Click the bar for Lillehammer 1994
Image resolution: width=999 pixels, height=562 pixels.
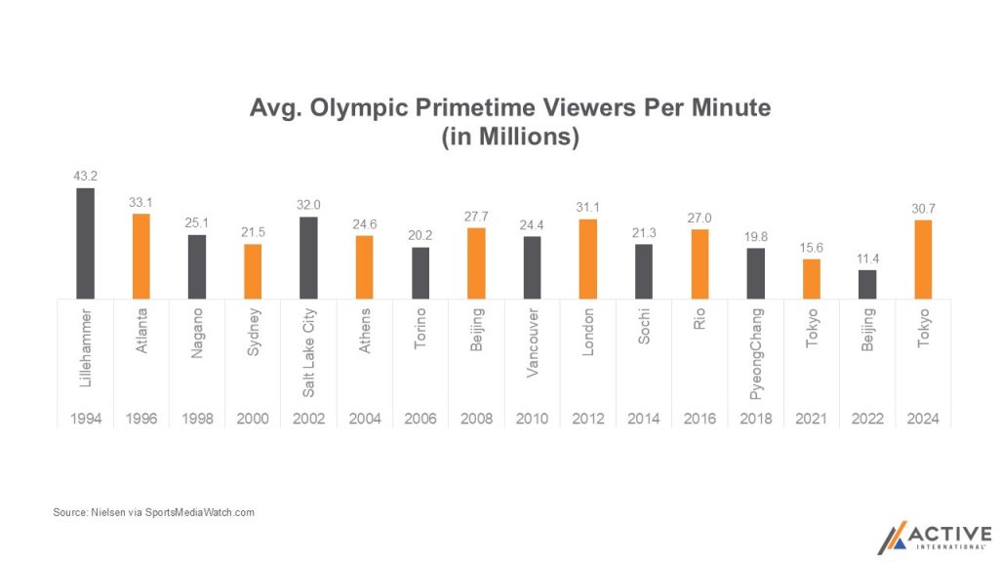pyautogui.click(x=86, y=243)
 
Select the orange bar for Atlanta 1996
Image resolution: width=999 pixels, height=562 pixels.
pyautogui.click(x=141, y=256)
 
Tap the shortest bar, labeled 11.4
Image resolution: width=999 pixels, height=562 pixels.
pyautogui.click(x=867, y=283)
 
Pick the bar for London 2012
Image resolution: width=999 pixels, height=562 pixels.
pyautogui.click(x=588, y=259)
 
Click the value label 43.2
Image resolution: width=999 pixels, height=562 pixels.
pyautogui.click(x=86, y=176)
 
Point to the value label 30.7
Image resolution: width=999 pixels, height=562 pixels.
pyautogui.click(x=923, y=209)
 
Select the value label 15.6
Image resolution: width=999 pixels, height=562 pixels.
pyautogui.click(x=812, y=247)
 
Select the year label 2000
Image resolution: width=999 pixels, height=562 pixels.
pyautogui.click(x=254, y=419)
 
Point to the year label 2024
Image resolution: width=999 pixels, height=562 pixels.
pyautogui.click(x=923, y=419)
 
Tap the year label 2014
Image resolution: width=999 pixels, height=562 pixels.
pyautogui.click(x=644, y=419)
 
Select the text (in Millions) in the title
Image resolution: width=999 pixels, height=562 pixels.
pyautogui.click(x=510, y=138)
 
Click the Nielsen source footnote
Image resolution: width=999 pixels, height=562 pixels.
pyautogui.click(x=153, y=512)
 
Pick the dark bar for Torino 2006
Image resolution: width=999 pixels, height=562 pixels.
pyautogui.click(x=420, y=272)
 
